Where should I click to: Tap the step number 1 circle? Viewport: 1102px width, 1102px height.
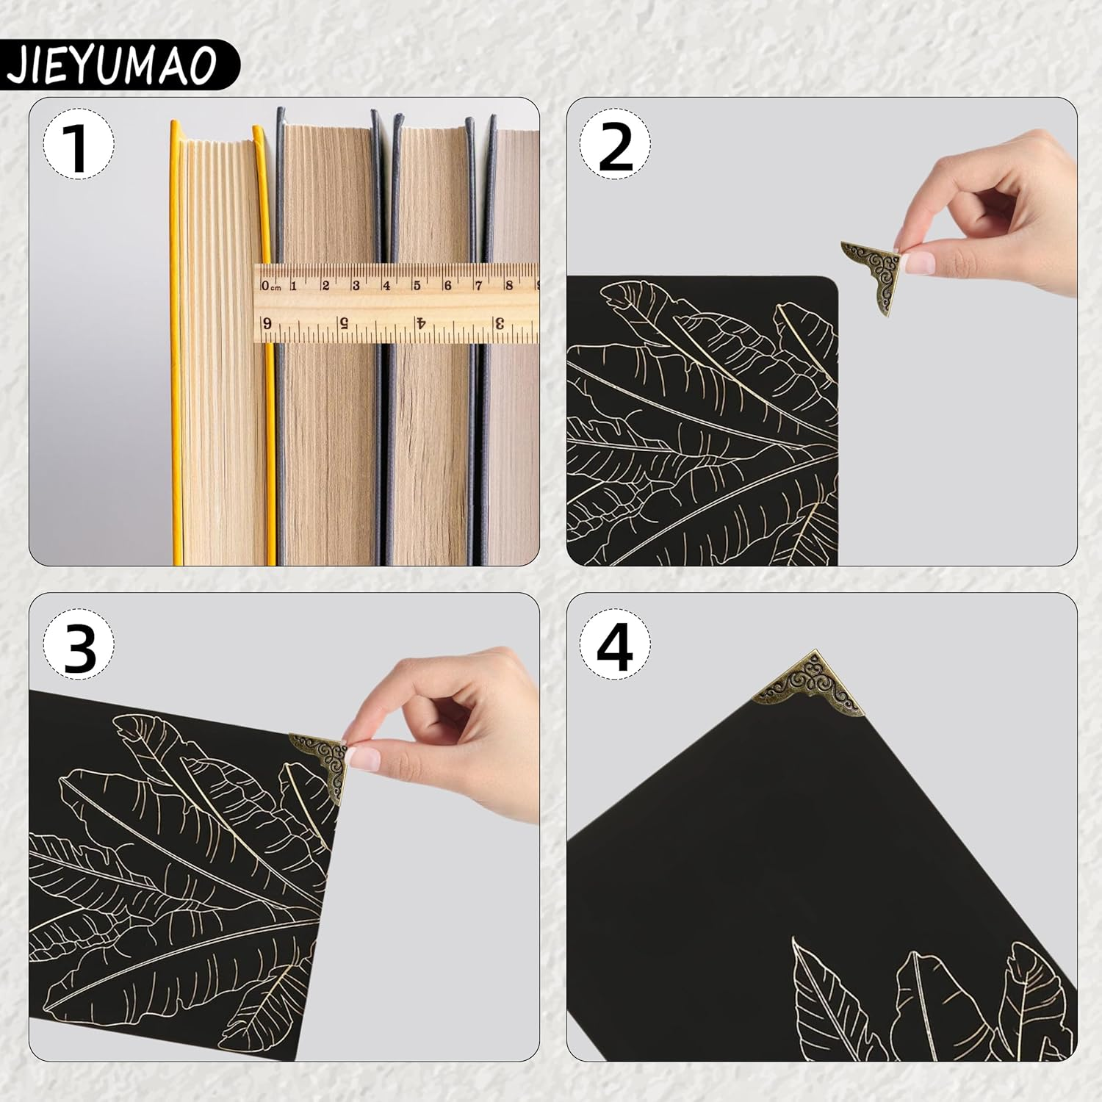coord(78,144)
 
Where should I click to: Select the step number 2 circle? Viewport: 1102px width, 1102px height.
coord(616,144)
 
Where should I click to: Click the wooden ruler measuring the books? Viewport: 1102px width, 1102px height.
coord(397,303)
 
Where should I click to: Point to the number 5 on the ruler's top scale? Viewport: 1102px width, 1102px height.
coord(417,285)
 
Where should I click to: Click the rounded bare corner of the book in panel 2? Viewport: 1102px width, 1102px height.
coord(830,284)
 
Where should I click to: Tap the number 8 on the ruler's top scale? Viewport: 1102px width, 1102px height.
coord(508,285)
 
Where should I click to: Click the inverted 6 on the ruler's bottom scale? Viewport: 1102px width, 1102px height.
coord(267,323)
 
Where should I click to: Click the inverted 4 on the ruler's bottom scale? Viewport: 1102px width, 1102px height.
coord(421,323)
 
